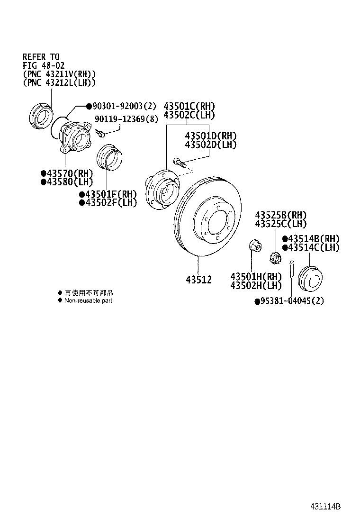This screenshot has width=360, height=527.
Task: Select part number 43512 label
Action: pyautogui.click(x=198, y=280)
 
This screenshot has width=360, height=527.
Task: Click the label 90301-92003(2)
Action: pyautogui.click(x=124, y=106)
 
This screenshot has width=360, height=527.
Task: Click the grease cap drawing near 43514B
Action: pyautogui.click(x=311, y=280)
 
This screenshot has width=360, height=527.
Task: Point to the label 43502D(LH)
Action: pyautogui.click(x=210, y=145)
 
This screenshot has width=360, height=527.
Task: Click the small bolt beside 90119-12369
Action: pyautogui.click(x=100, y=133)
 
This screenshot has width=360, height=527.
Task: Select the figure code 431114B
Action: pyautogui.click(x=325, y=506)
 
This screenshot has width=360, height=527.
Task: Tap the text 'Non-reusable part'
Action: pyautogui.click(x=88, y=300)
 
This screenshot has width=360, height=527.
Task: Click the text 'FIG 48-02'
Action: pyautogui.click(x=44, y=66)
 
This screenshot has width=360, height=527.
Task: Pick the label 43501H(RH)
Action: pyautogui.click(x=256, y=277)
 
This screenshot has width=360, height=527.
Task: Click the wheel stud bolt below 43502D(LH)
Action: pyautogui.click(x=180, y=163)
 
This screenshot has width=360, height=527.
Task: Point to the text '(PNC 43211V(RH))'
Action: pyautogui.click(x=59, y=74)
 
